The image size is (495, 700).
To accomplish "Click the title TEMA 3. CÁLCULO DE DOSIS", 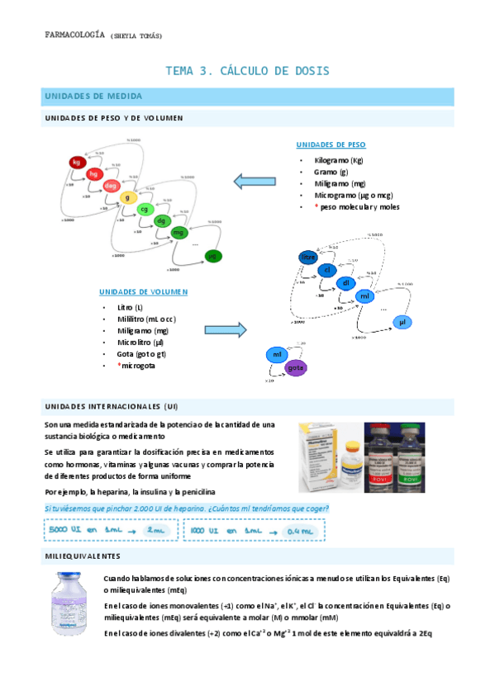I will [247, 71].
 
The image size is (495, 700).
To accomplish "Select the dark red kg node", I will [77, 163].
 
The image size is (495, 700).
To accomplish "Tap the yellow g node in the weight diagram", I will [127, 198].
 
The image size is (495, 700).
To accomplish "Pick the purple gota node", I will [296, 367].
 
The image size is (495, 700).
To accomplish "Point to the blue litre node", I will [308, 258].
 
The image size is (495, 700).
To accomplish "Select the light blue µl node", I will [402, 321].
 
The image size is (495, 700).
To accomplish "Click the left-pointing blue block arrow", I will [254, 181].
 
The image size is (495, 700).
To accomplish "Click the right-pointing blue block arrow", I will [226, 330].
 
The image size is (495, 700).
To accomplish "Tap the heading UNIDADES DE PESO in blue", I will [331, 144].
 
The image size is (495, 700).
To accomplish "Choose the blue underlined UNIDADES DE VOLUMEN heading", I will [143, 291].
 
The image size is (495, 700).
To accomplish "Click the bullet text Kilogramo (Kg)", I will [339, 159].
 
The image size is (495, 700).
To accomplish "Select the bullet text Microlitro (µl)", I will [141, 342].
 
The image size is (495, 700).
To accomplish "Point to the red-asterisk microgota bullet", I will [136, 365].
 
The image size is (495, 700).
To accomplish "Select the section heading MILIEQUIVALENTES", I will [83, 556].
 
